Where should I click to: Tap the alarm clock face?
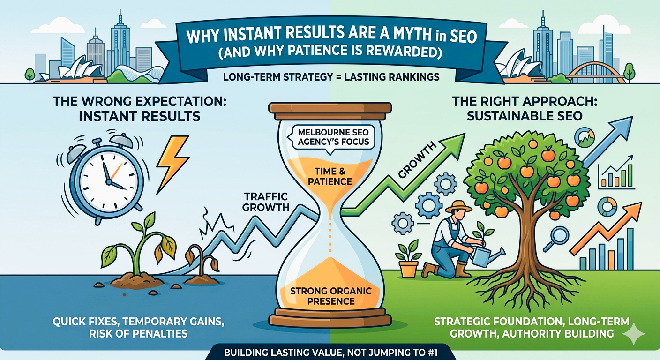(108, 176)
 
